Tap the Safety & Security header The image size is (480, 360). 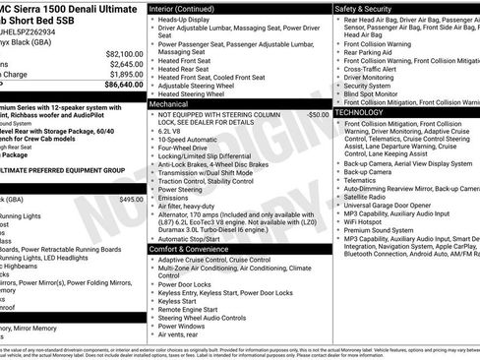coord(366,8)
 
